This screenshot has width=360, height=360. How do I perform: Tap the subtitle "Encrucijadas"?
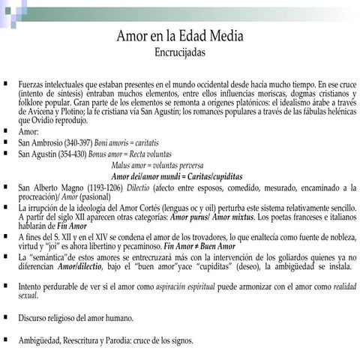179,53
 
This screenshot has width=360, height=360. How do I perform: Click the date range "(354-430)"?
76,153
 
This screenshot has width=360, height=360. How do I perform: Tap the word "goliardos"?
295,256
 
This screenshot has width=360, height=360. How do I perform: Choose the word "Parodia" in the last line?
118,340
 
